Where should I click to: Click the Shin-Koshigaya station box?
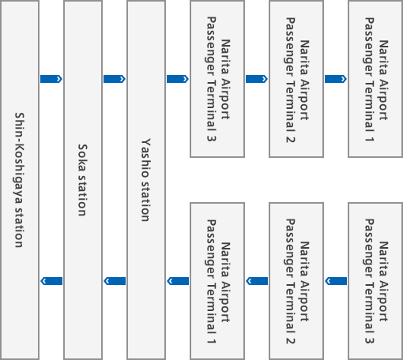click(x=20, y=180)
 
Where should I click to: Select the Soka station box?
click(x=83, y=180)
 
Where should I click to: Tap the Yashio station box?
click(x=146, y=180)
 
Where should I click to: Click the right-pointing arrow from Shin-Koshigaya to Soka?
click(x=51, y=79)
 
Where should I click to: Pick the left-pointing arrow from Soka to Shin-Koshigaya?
click(x=51, y=281)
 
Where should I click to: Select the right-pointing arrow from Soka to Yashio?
click(x=115, y=79)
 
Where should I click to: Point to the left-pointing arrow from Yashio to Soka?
click(x=115, y=281)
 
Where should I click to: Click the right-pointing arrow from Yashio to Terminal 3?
click(x=178, y=79)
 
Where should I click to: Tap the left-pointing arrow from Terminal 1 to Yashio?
click(x=178, y=281)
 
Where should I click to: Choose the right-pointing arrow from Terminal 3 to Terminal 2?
click(x=257, y=79)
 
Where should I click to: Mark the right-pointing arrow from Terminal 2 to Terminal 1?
click(x=336, y=79)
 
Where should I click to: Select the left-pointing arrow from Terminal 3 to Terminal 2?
click(x=336, y=281)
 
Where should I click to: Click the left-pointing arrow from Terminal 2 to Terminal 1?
click(x=257, y=281)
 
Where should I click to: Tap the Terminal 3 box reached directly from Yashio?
click(x=217, y=79)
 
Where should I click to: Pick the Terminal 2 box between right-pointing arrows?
click(x=296, y=79)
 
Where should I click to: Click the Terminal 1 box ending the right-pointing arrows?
click(x=375, y=79)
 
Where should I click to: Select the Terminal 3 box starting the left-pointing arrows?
click(x=375, y=281)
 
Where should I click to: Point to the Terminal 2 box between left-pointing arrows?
click(x=296, y=281)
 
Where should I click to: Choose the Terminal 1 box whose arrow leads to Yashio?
click(x=217, y=281)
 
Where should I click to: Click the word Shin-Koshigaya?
click(x=19, y=158)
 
